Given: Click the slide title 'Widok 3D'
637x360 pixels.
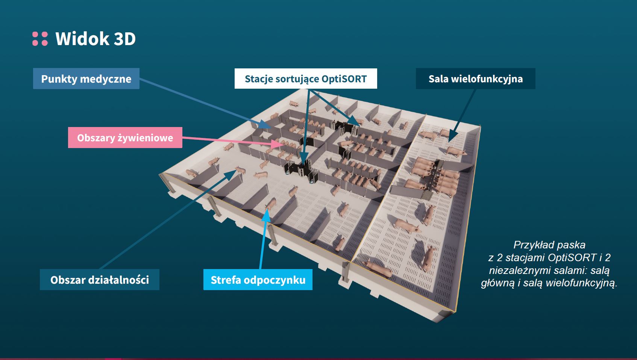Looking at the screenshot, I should click(96, 39).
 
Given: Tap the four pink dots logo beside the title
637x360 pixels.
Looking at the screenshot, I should click(40, 39).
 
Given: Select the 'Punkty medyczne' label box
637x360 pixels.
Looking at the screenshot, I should click(86, 79).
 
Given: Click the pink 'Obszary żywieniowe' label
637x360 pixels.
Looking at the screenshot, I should click(125, 138).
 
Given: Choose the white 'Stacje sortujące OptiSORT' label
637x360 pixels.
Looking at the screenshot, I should click(305, 79).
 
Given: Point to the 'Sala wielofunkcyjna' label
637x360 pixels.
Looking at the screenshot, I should click(475, 79).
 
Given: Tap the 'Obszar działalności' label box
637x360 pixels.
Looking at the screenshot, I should click(100, 280).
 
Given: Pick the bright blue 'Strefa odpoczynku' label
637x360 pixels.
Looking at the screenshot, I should click(258, 280).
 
